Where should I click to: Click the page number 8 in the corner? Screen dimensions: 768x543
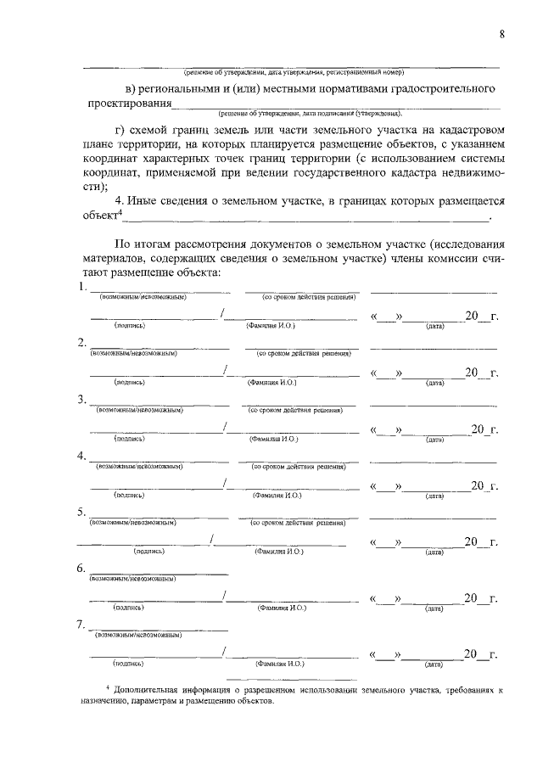502,33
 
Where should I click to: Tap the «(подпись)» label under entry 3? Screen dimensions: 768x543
130,439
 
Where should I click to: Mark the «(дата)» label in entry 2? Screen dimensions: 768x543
435,383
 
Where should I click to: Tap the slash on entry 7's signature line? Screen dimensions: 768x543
223,653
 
